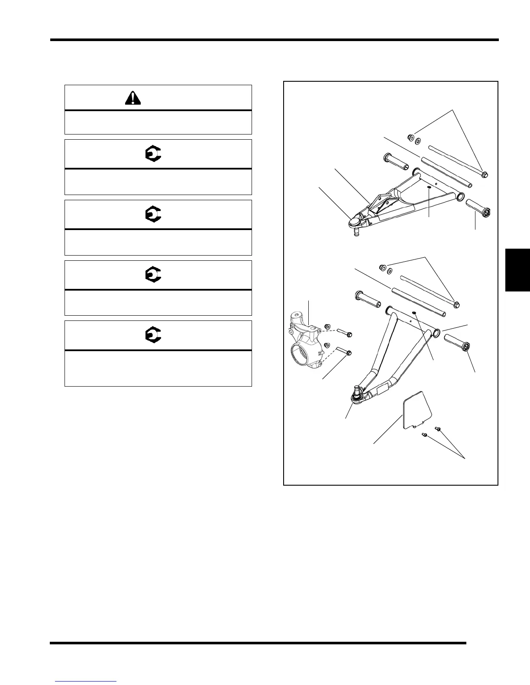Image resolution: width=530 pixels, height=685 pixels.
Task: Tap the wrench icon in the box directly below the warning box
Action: tap(152, 154)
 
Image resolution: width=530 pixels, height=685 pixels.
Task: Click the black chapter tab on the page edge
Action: tap(517, 270)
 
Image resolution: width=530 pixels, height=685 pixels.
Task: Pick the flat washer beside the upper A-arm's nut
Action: tap(418, 141)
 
